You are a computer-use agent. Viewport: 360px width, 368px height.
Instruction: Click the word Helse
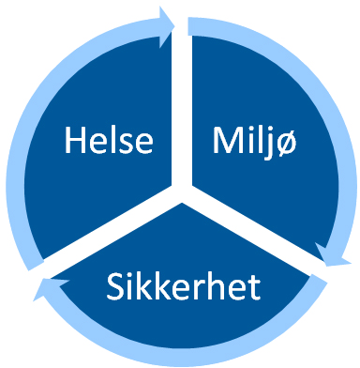(108, 142)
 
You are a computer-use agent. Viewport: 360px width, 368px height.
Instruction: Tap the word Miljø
(247, 142)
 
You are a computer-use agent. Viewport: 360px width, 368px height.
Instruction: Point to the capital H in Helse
(75, 142)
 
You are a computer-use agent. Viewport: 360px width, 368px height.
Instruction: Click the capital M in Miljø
(220, 142)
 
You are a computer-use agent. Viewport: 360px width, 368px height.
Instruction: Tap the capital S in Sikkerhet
(114, 285)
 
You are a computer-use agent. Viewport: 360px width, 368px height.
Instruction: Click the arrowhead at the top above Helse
(167, 21)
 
